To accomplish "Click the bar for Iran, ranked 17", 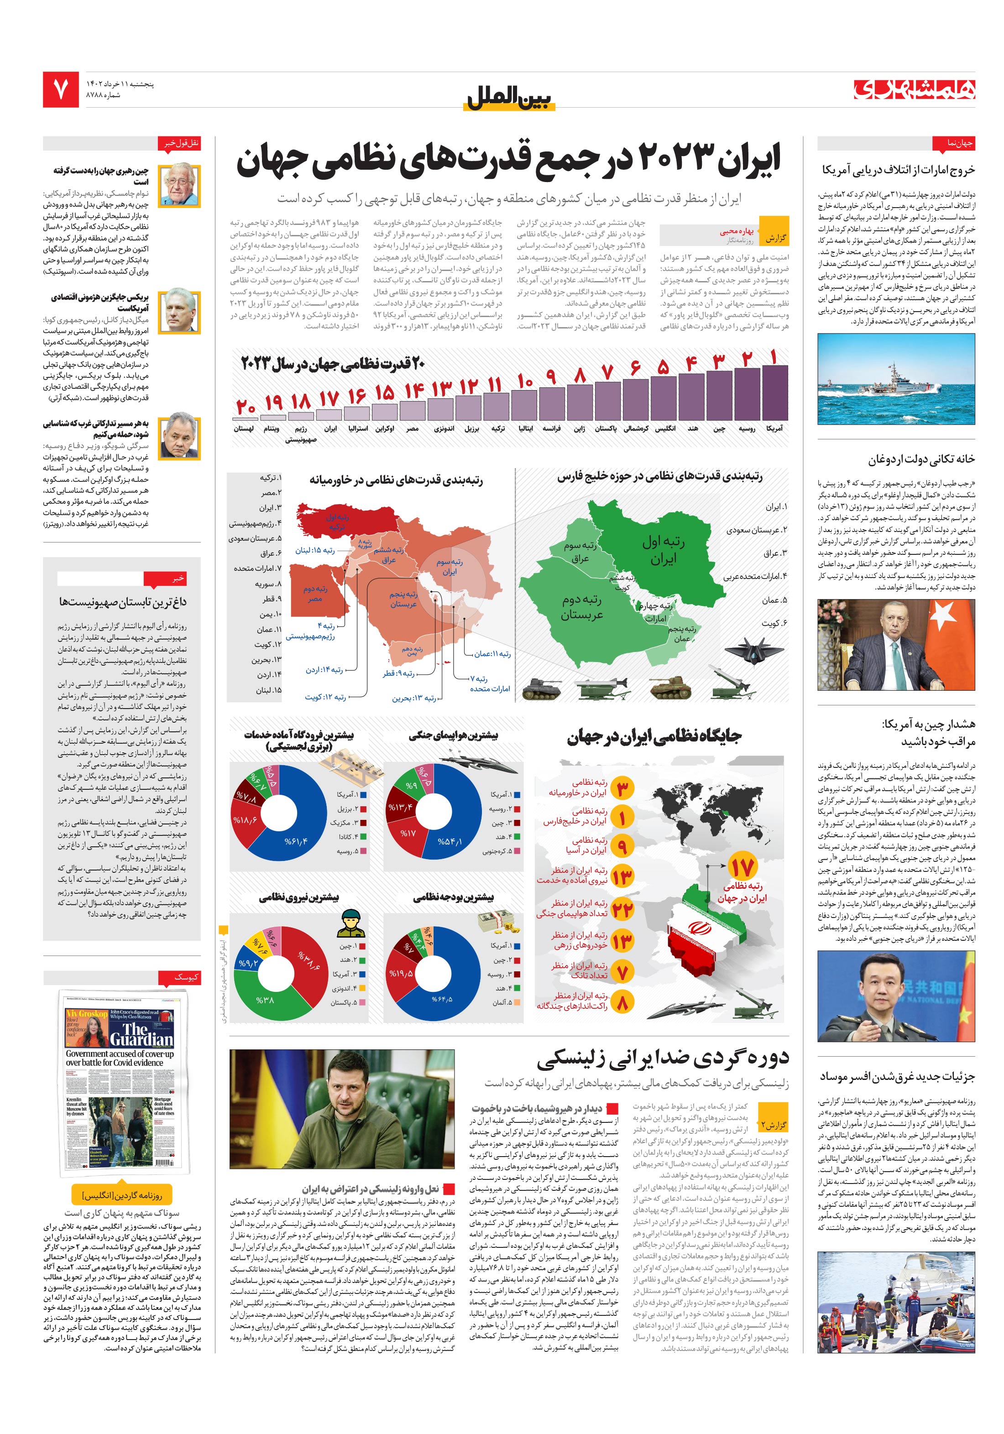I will pos(329,414).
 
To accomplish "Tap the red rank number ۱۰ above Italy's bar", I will pos(525,381).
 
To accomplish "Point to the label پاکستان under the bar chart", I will pos(606,428).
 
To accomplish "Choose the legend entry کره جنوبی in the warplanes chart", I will pos(497,850).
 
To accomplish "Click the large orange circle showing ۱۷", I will pos(743,867).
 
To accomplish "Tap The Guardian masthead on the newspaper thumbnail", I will pos(141,1034).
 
